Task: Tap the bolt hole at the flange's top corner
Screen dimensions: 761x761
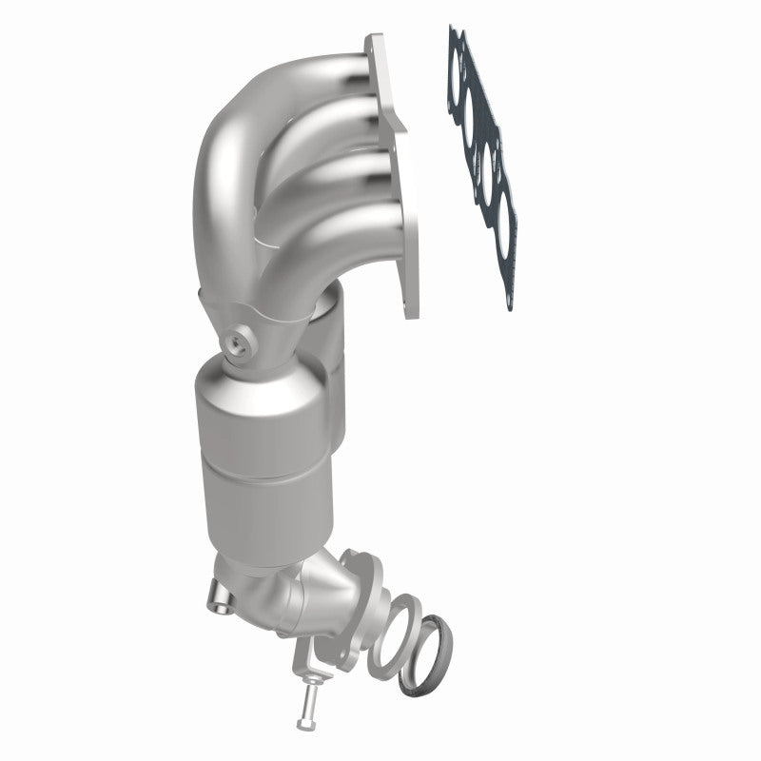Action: coord(374,45)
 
